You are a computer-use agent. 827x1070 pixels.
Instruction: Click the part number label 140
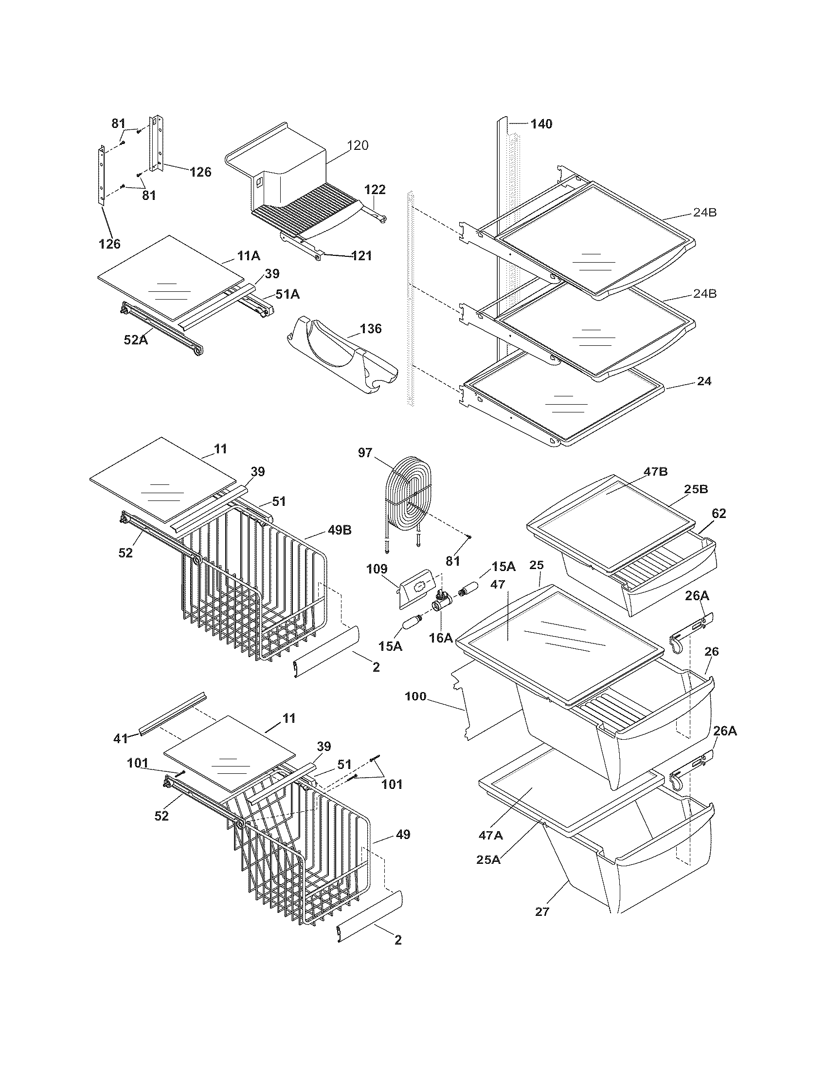pos(541,124)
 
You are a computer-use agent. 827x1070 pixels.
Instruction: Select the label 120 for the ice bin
pos(358,145)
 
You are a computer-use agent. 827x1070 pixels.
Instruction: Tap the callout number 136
pos(370,328)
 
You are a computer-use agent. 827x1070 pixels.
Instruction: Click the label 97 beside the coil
pos(365,453)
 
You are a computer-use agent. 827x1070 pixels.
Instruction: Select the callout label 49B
pos(340,530)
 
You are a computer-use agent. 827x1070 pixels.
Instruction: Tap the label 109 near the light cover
pos(377,569)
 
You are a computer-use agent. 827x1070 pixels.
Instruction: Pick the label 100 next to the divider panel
pos(415,696)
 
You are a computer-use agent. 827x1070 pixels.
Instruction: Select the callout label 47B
pos(656,472)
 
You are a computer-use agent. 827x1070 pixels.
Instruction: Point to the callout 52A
pos(136,339)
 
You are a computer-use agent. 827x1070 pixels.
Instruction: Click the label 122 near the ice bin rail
pos(375,190)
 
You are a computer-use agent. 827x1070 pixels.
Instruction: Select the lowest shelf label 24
pos(704,381)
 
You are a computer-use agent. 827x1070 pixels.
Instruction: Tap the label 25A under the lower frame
pos(488,859)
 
